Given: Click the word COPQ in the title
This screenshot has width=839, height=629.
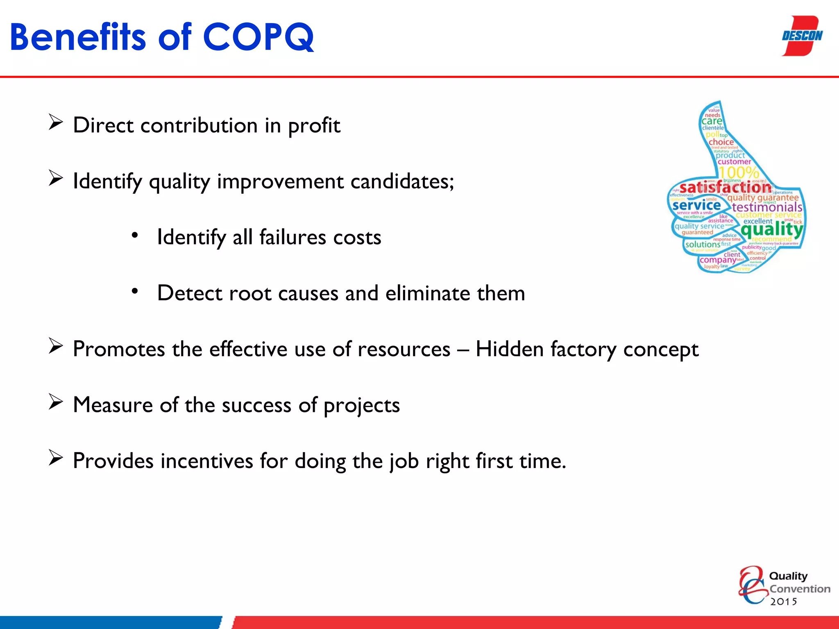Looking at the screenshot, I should [x=258, y=38].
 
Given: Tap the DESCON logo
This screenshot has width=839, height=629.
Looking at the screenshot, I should [x=802, y=36].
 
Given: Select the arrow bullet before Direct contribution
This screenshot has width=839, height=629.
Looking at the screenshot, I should [x=55, y=122].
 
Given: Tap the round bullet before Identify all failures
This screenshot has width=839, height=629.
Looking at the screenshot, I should [x=135, y=235].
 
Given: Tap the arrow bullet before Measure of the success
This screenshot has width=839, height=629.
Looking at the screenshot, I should [x=55, y=402].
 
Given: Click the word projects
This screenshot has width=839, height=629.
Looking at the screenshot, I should [x=361, y=405].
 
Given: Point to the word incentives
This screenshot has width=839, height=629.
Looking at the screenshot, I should [x=206, y=461].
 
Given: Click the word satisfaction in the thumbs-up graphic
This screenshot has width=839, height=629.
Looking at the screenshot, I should [x=725, y=188].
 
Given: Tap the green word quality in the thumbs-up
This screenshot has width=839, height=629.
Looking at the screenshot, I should [x=771, y=229].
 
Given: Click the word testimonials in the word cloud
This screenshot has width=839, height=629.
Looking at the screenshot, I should [x=767, y=207].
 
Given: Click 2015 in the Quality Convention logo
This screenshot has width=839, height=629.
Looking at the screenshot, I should [x=783, y=602].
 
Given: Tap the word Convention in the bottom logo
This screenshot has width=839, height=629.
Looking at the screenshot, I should [x=800, y=589].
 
